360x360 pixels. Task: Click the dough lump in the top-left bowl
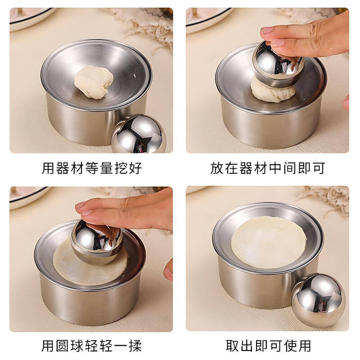click(x=94, y=81)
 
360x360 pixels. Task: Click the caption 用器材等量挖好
click(x=92, y=168)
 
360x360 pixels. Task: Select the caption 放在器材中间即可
click(x=267, y=168)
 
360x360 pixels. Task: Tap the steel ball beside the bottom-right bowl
click(x=319, y=300)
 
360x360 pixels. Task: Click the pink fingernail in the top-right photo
click(x=267, y=31)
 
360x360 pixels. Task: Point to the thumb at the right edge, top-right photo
click(x=346, y=103)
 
